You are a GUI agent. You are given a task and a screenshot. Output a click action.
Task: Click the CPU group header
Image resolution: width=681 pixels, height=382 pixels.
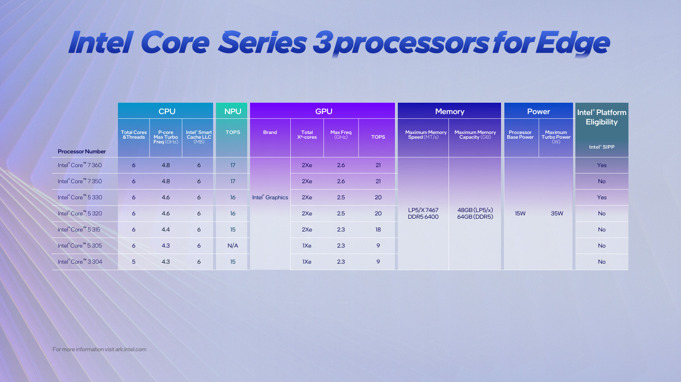click(167, 111)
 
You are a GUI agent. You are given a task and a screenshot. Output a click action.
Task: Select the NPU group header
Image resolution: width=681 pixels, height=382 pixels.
click(233, 111)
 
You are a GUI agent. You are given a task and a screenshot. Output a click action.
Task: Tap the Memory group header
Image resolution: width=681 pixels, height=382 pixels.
click(449, 111)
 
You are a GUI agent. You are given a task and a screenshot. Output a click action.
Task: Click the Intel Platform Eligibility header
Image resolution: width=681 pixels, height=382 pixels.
click(601, 117)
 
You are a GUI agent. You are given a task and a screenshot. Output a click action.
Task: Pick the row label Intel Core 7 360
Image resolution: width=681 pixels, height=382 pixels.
click(80, 165)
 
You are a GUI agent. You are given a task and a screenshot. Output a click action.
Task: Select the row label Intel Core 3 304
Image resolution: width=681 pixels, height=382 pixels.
click(80, 262)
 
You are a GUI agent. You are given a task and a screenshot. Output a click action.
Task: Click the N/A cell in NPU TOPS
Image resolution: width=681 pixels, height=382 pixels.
click(233, 246)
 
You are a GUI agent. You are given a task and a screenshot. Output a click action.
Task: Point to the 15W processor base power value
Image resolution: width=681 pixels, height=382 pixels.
click(520, 213)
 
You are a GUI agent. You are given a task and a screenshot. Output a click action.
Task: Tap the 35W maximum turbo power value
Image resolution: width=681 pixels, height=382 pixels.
click(557, 213)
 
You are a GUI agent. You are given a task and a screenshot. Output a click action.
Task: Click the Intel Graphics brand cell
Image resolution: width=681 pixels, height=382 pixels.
click(270, 197)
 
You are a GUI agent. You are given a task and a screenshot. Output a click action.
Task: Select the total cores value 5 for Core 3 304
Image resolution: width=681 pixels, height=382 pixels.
click(134, 262)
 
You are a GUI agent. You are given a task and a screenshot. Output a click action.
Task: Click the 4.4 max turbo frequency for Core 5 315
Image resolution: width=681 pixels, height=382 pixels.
click(166, 230)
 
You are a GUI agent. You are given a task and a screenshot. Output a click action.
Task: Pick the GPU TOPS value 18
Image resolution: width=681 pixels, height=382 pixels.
click(378, 230)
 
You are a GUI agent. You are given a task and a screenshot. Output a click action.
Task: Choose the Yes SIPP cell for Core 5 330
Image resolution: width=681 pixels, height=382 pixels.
click(601, 197)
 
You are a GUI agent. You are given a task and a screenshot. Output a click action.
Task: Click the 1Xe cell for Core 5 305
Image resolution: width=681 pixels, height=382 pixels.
click(307, 246)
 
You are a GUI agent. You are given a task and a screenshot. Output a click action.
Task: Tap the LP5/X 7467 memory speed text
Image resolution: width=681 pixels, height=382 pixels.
click(423, 210)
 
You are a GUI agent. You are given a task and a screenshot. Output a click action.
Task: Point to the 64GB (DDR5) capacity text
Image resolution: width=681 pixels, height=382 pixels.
click(475, 217)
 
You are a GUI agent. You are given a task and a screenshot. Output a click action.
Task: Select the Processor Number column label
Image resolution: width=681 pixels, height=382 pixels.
click(81, 151)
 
